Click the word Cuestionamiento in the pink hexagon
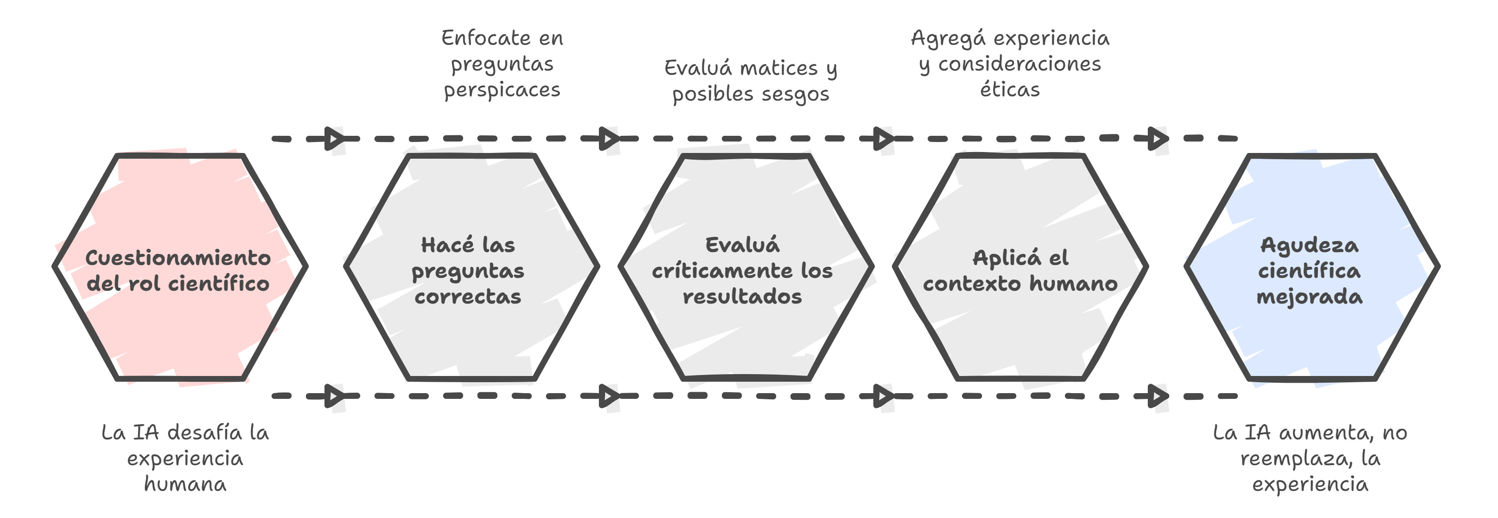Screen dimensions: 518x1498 click(178, 257)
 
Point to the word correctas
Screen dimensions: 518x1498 click(467, 296)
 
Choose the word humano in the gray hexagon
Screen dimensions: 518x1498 click(1073, 284)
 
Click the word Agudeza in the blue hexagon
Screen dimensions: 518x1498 click(1310, 245)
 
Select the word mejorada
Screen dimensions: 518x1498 click(1310, 296)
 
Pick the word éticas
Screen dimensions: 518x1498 click(1010, 90)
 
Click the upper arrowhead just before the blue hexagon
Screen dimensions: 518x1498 click(1158, 139)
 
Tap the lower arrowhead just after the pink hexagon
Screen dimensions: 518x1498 click(334, 396)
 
